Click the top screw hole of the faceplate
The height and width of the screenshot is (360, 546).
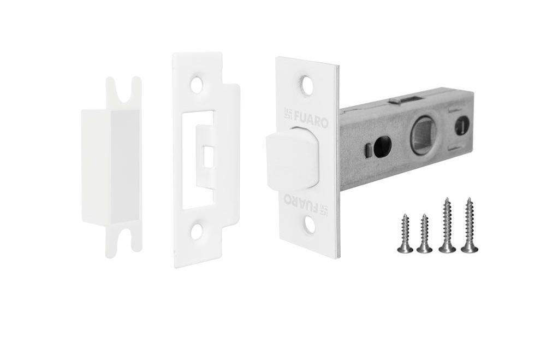pyautogui.click(x=306, y=82)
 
